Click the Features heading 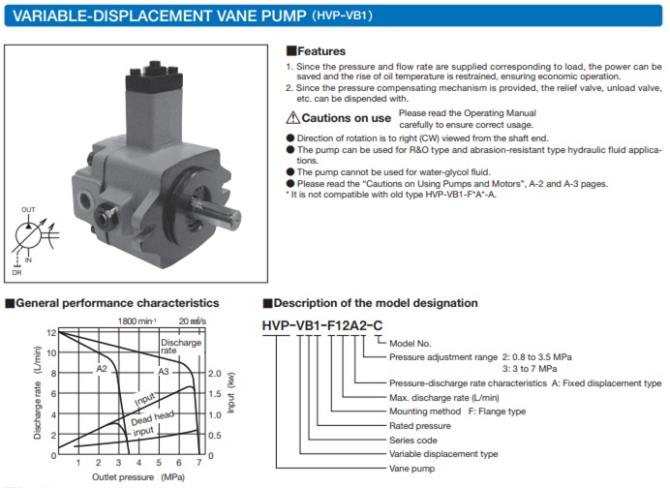(320, 50)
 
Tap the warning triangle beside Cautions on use (292, 118)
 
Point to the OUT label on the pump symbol (28, 208)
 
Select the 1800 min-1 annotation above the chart (137, 320)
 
